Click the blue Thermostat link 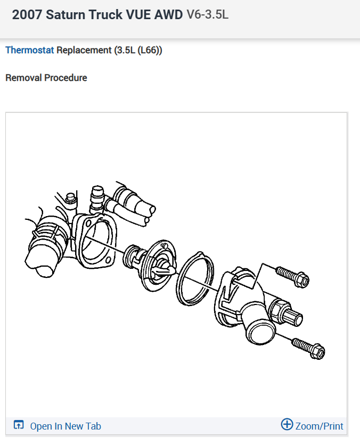(29, 51)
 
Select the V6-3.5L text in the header (207, 14)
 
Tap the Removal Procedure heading (46, 78)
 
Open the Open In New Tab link (65, 426)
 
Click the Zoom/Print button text (320, 426)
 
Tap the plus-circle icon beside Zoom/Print (287, 424)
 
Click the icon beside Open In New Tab (19, 425)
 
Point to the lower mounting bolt (308, 348)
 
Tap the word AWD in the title (168, 14)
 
